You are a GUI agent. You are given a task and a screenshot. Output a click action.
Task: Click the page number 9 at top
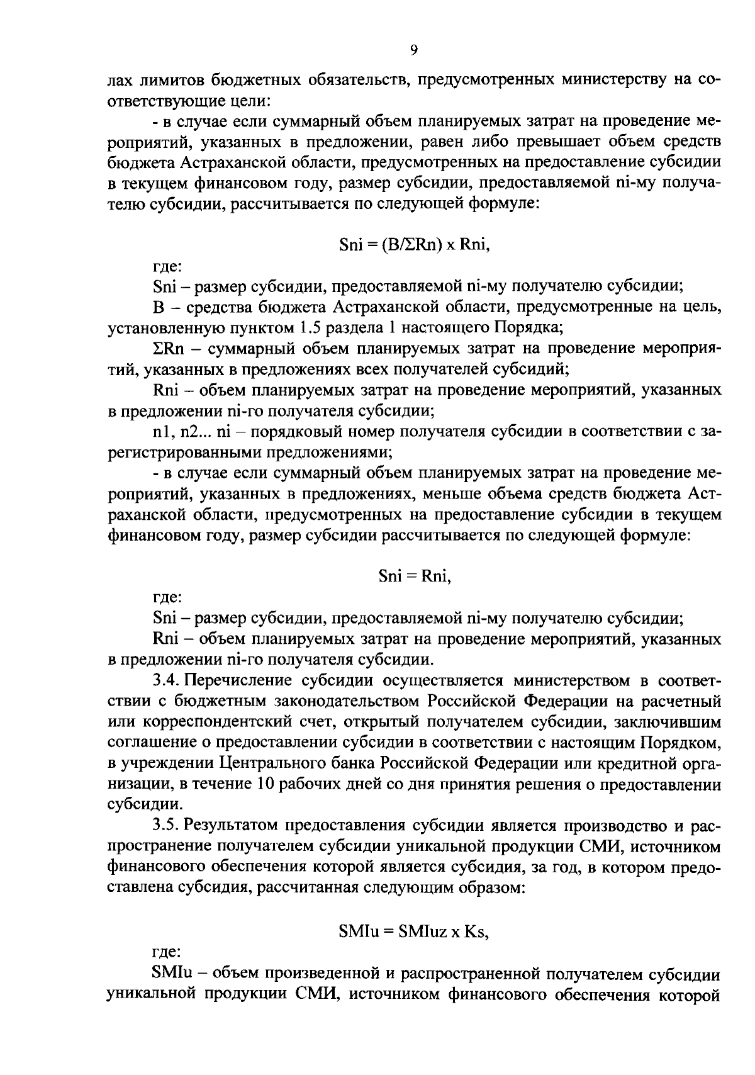point(413,50)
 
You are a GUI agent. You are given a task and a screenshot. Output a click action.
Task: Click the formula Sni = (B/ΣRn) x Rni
point(414,245)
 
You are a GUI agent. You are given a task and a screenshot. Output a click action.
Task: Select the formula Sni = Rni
point(415,576)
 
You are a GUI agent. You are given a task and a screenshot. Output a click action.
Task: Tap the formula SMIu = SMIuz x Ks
point(414,932)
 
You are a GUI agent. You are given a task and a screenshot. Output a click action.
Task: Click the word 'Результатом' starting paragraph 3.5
point(232,826)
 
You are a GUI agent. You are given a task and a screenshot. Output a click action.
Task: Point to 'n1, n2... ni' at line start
point(191,432)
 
